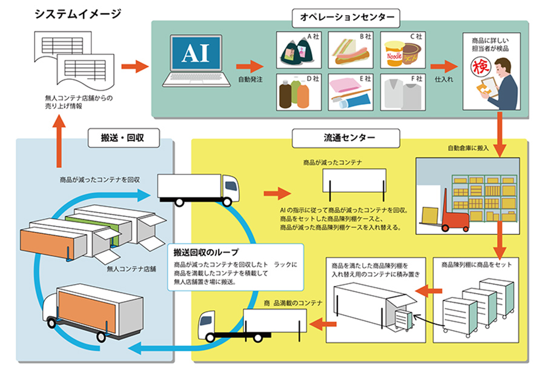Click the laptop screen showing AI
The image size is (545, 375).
pos(196,53)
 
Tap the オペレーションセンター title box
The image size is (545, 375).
pos(346,18)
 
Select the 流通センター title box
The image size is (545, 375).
pos(346,138)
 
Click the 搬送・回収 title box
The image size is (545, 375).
pos(124,138)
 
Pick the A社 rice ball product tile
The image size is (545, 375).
pos(299,50)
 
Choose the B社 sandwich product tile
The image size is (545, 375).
pos(351,50)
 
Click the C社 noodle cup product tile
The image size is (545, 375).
pos(403,50)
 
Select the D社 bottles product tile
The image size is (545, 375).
pos(299,92)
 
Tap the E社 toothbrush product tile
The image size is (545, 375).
pos(351,92)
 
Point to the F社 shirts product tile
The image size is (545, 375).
pos(403,92)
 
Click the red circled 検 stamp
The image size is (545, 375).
pos(481,67)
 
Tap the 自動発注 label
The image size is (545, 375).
pos(250,79)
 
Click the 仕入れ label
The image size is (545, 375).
pos(444,79)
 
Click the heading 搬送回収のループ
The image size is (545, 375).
pos(206,252)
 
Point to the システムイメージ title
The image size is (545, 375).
pos(78,14)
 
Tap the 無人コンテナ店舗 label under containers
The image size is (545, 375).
pos(131,268)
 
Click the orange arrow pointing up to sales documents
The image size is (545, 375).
pos(59,141)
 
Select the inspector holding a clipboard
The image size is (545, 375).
pos(498,84)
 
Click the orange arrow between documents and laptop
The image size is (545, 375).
pos(135,66)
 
